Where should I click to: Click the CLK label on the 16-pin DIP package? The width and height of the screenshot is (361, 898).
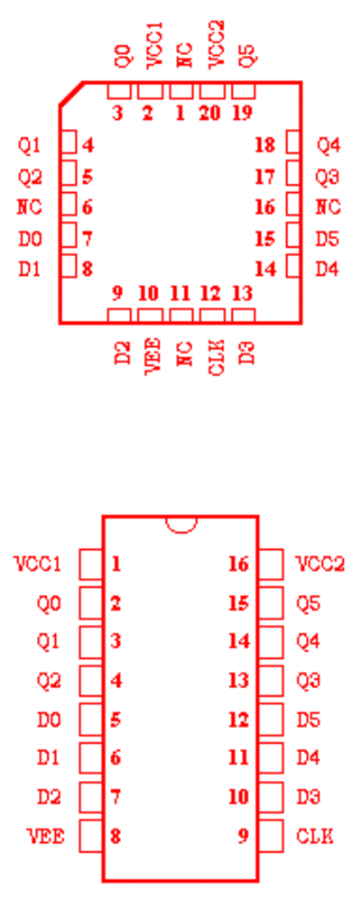pos(315,836)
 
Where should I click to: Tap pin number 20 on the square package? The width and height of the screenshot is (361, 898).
pos(209,114)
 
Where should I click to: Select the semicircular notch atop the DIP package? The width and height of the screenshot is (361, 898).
pos(181,525)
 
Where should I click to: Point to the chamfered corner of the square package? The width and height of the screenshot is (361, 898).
pos(71,94)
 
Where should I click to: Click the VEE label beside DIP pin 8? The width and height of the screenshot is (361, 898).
pos(47,836)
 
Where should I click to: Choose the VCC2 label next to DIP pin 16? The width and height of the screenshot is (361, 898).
pos(321,564)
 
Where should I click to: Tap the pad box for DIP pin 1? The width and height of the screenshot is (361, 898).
pos(91,564)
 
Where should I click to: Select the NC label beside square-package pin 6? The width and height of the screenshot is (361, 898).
pos(29,206)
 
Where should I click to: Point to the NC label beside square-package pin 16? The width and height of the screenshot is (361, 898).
pos(329,206)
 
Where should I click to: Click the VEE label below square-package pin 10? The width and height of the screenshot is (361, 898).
pos(153,355)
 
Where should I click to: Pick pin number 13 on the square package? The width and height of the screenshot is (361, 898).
pos(243,294)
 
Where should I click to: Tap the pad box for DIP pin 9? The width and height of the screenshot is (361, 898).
pos(271,836)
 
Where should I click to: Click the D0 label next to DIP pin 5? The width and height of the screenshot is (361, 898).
pos(49,719)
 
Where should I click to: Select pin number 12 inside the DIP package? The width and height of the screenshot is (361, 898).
pos(239,719)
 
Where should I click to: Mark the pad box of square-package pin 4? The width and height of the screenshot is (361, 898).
pos(69,142)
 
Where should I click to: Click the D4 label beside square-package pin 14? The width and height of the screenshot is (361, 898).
pos(328,269)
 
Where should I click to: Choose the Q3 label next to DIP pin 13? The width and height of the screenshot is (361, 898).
pos(309,681)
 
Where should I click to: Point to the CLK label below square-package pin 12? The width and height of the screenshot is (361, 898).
pos(216,357)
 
